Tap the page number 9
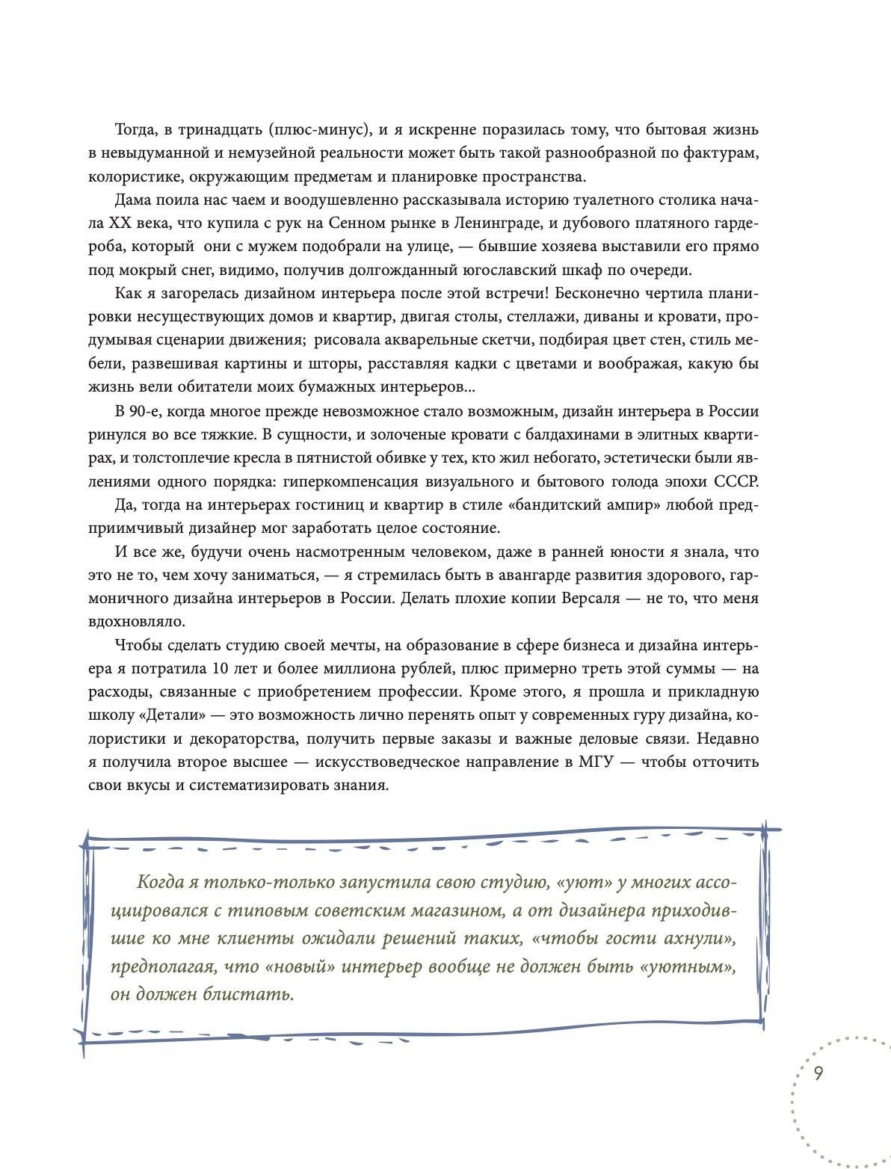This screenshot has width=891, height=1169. click(818, 1073)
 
